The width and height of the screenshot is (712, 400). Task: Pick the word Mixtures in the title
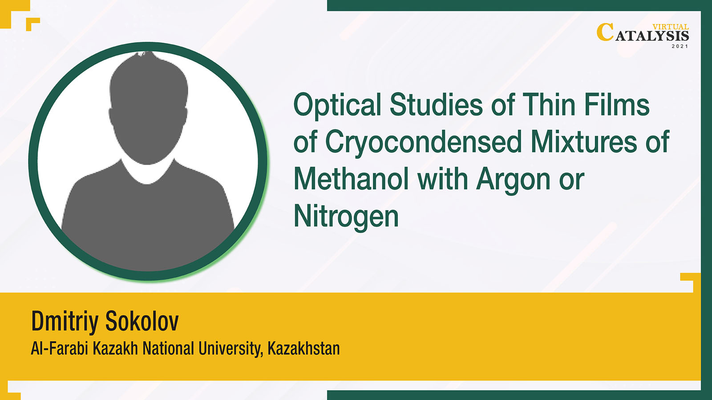tap(584, 142)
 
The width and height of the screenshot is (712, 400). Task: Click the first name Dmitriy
tap(65, 322)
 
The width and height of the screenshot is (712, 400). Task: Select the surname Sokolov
tap(142, 321)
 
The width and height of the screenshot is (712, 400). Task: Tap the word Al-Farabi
tap(59, 348)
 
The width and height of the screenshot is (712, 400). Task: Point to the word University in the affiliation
tap(231, 349)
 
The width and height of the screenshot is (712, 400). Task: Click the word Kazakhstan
tap(304, 348)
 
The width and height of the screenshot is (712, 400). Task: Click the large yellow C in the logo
tap(605, 32)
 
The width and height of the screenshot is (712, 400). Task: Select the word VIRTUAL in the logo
tap(671, 27)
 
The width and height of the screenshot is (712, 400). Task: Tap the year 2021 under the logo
tap(680, 46)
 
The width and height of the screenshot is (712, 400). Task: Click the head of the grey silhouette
tap(148, 108)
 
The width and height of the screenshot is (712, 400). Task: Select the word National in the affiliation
tap(168, 348)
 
